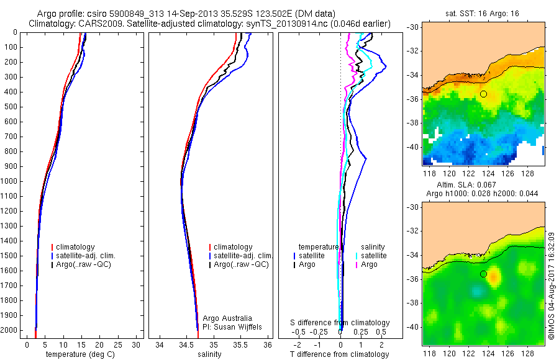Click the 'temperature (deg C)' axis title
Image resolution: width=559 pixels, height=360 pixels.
[x=79, y=354]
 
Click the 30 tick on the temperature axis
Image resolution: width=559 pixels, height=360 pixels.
[x=134, y=344]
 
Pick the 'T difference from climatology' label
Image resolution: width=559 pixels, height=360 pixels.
[x=340, y=354]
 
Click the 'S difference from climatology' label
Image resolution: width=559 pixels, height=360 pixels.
[x=340, y=323]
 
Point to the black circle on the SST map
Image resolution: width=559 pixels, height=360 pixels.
[x=483, y=94]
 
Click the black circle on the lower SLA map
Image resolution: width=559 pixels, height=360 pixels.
[x=483, y=274]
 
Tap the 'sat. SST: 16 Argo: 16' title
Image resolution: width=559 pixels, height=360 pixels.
[x=482, y=12]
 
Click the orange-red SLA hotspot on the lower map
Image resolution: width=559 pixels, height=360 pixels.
[x=494, y=276]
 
